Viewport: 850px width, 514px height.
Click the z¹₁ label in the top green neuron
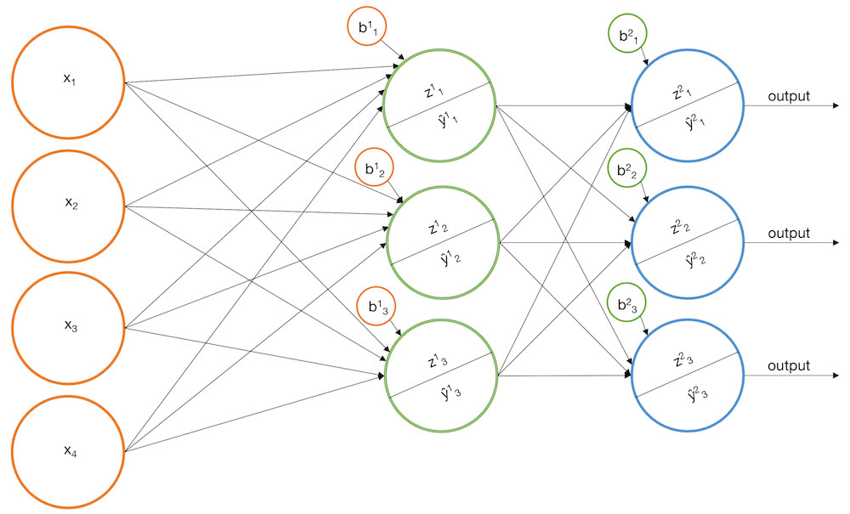click(433, 90)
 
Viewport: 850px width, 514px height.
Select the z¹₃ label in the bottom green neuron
click(437, 360)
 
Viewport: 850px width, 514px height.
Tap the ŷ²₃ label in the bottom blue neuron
click(697, 393)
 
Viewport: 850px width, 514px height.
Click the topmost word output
click(789, 96)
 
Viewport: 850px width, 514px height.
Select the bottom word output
click(789, 366)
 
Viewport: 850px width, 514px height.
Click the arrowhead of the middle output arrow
click(836, 243)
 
